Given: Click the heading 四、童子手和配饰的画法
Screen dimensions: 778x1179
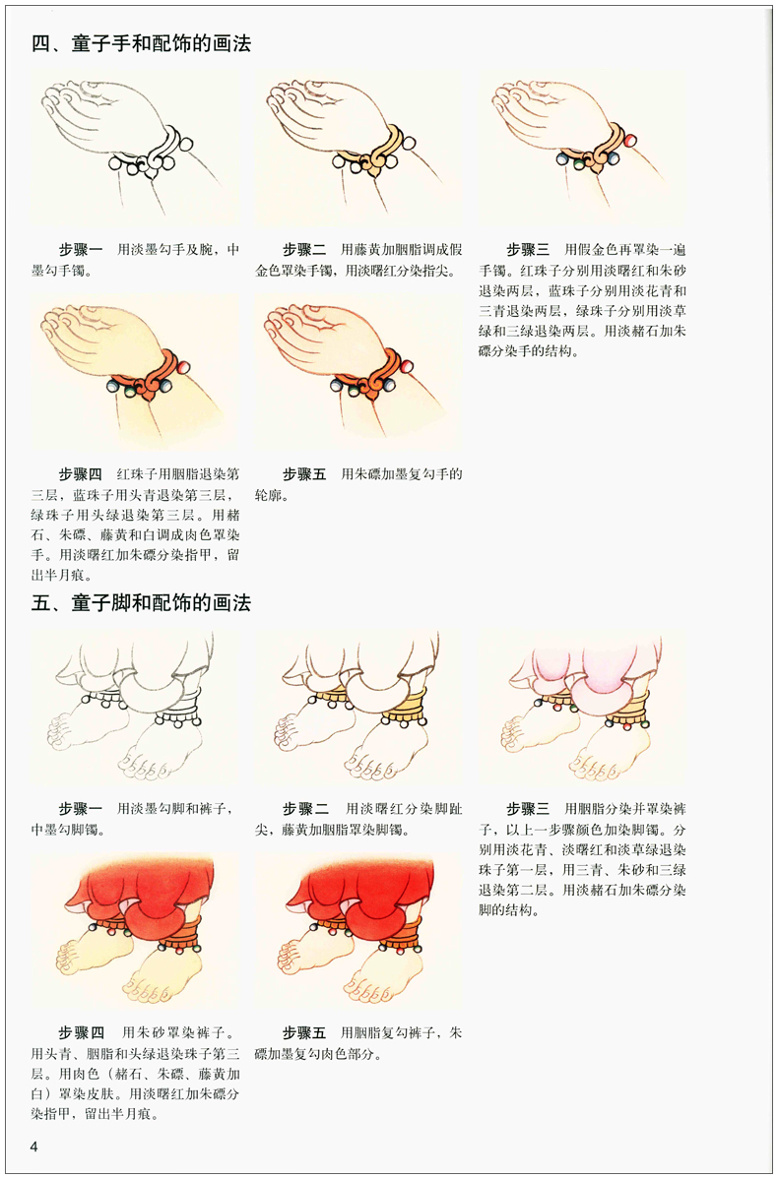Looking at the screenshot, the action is pyautogui.click(x=141, y=44).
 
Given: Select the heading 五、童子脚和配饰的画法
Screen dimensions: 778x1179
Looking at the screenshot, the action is pyautogui.click(x=141, y=602).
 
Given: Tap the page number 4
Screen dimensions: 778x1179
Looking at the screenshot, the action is pyautogui.click(x=34, y=1146).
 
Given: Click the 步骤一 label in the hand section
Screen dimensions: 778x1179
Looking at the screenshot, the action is pyautogui.click(x=81, y=250).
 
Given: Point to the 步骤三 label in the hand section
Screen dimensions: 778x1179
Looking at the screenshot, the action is pyautogui.click(x=528, y=250).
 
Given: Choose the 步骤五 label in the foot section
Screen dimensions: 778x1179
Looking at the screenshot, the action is pyautogui.click(x=304, y=1033).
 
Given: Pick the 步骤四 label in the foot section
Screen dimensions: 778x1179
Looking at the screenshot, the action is pyautogui.click(x=81, y=1033).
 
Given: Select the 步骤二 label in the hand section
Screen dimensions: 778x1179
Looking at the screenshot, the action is pyautogui.click(x=304, y=250).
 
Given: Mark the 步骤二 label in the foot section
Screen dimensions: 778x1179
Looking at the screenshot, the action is pyautogui.click(x=304, y=809).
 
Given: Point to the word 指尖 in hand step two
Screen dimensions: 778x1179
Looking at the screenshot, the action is pyautogui.click(x=447, y=270).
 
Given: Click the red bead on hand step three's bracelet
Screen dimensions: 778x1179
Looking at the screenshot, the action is pyautogui.click(x=629, y=140).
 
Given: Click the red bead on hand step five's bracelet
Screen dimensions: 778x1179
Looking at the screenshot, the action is pyautogui.click(x=406, y=366).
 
